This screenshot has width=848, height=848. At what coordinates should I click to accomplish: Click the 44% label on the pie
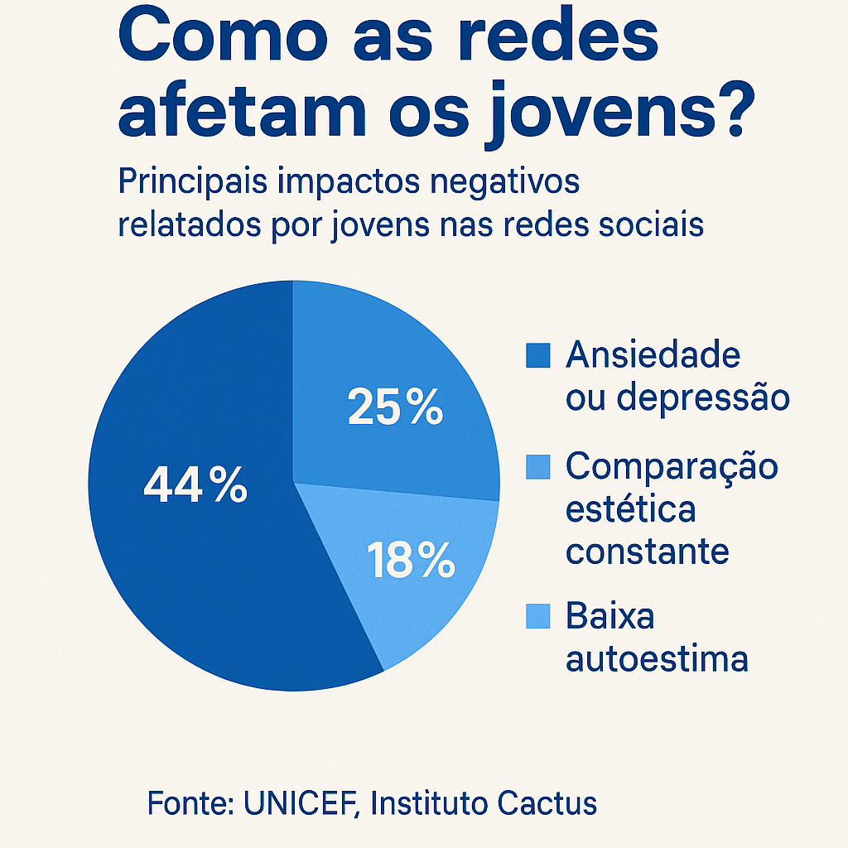[x=195, y=484]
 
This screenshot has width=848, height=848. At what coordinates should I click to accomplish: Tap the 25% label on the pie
[x=395, y=406]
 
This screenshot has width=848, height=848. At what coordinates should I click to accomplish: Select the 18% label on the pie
[x=411, y=560]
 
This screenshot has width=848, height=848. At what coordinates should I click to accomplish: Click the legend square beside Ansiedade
[x=538, y=355]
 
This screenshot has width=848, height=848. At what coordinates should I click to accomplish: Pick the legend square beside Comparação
[x=538, y=467]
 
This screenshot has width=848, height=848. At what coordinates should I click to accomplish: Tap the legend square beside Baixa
[x=538, y=616]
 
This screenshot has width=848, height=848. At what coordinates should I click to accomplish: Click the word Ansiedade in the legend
[x=653, y=354]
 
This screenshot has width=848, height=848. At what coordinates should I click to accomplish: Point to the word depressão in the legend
[x=703, y=398]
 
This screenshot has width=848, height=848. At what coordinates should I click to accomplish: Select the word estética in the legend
[x=630, y=509]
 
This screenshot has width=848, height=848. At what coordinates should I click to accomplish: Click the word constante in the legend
[x=648, y=552]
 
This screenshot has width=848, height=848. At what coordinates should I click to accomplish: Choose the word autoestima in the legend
[x=657, y=659]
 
